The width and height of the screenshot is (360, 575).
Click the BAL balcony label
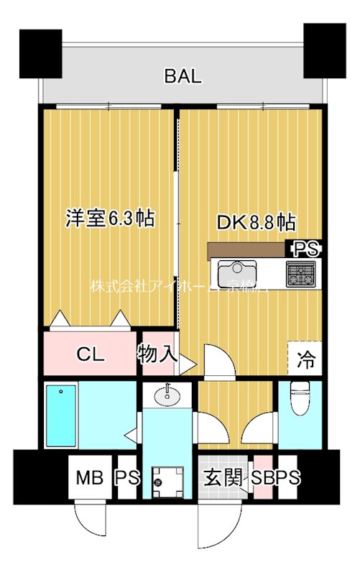coord(183,76)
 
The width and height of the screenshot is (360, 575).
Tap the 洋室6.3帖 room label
coord(110,218)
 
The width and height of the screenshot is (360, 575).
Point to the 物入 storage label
coord(157,353)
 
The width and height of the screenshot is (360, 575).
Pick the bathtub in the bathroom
coord(61,416)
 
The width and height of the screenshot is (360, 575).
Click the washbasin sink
coord(168,395)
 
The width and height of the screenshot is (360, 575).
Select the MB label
coord(91,477)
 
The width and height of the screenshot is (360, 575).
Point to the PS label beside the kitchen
coord(305,249)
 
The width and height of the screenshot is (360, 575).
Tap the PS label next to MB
coord(127,477)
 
